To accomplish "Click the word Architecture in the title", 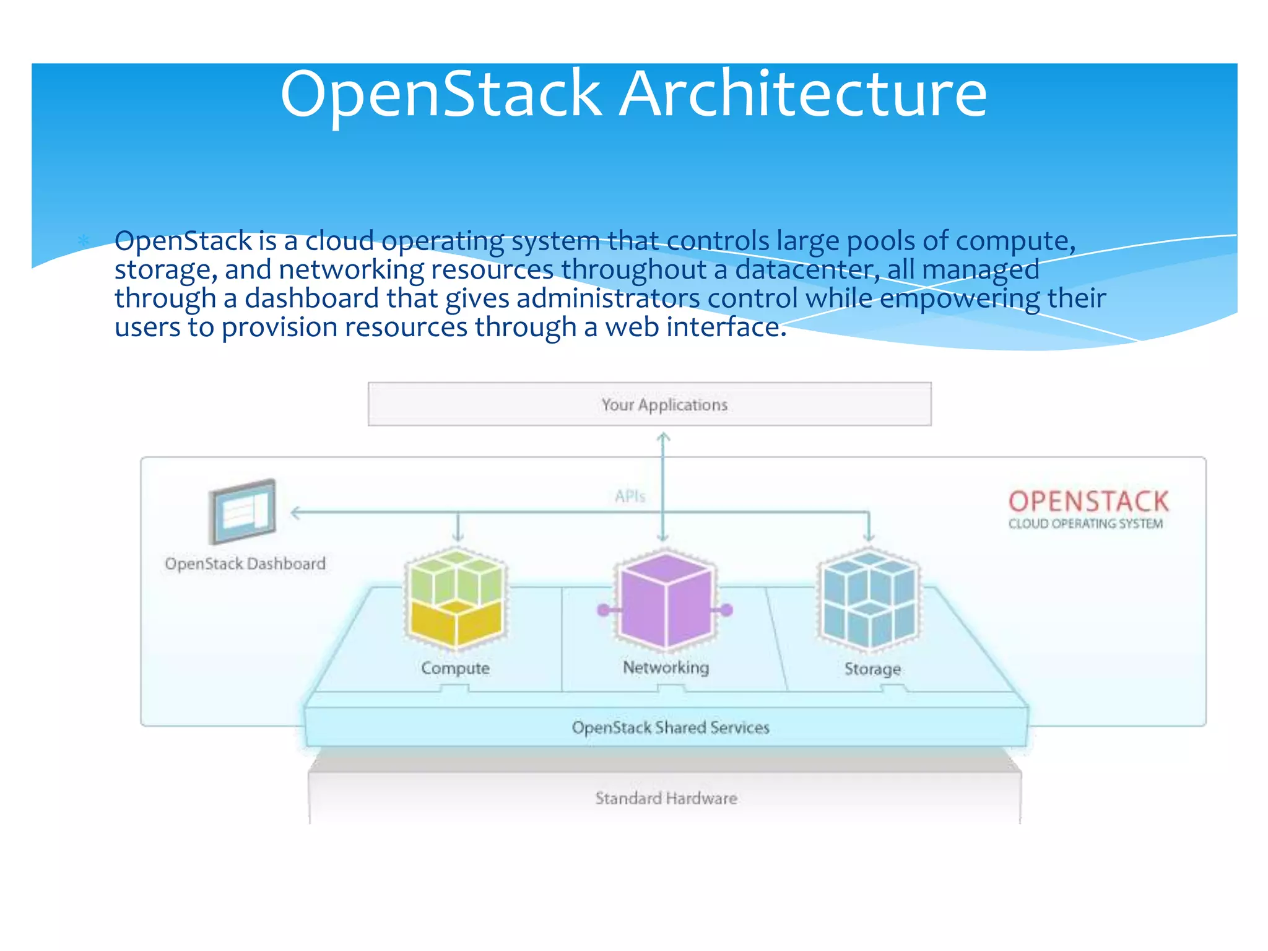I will click(803, 94).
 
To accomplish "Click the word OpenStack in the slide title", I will click(441, 94).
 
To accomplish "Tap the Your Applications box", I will click(649, 404).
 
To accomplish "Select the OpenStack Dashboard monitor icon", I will click(242, 511).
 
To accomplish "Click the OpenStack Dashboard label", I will click(245, 564).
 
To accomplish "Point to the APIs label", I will click(630, 496).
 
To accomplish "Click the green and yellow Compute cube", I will click(456, 599).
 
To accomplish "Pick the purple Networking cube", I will click(666, 599).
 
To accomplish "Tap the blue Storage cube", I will click(870, 599).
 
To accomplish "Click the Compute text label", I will click(455, 668).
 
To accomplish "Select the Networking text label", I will click(666, 667).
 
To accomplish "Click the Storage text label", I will click(872, 669).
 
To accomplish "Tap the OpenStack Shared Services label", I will click(670, 727).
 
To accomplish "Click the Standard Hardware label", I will click(666, 798).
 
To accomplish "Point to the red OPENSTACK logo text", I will click(1088, 502).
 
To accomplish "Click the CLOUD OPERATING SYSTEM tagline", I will click(1085, 524).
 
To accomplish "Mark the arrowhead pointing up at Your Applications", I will click(663, 437).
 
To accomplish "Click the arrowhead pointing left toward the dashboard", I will click(296, 513).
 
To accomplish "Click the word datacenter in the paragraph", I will click(807, 270).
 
